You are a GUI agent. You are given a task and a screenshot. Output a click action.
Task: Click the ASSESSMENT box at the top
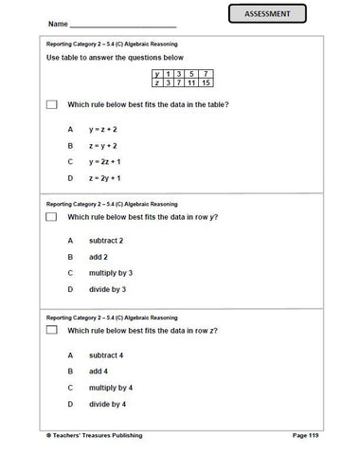click(274, 13)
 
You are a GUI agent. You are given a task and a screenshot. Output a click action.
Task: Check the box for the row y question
click(51, 217)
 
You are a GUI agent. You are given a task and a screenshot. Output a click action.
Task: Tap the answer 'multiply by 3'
click(110, 272)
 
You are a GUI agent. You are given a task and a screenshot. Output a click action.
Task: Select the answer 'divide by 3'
click(107, 289)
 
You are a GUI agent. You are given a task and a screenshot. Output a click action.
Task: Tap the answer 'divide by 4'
click(107, 404)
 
